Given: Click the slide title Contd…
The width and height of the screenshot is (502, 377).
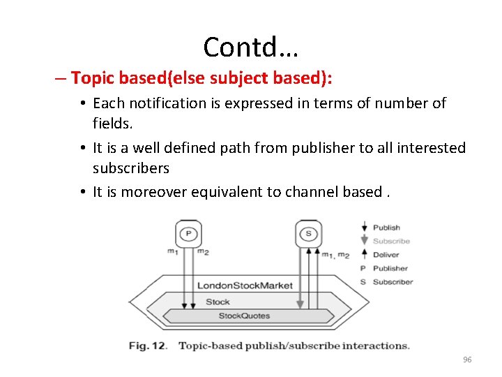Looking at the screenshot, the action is coord(250,47).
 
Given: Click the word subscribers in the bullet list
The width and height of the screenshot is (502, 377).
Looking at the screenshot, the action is coord(131,168).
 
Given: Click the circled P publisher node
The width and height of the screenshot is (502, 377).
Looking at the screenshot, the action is coord(188,234).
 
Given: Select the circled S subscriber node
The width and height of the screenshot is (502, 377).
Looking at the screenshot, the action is coord(307,234).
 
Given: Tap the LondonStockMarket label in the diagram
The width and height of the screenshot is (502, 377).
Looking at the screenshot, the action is coord(245,286).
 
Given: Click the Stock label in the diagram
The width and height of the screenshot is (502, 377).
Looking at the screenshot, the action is coord(218,302).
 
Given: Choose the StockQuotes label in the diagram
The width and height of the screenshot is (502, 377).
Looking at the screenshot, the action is coord(244,316).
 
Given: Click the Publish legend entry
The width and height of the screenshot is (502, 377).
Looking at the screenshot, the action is coord(386,228).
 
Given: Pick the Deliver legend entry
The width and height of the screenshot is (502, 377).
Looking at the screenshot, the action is coord(386,255).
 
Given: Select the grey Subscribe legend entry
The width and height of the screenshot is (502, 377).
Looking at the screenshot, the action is coord(391,241).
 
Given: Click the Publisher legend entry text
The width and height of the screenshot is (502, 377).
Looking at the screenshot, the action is coord(390,268).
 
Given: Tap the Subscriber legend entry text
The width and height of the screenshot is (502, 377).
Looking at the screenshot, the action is coord(393,282).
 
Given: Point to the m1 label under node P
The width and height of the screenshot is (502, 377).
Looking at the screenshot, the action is coord(172,252).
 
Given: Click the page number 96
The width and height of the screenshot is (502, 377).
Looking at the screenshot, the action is coord(467,360).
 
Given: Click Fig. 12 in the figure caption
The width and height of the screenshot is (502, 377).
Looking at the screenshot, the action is coord(149,346).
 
